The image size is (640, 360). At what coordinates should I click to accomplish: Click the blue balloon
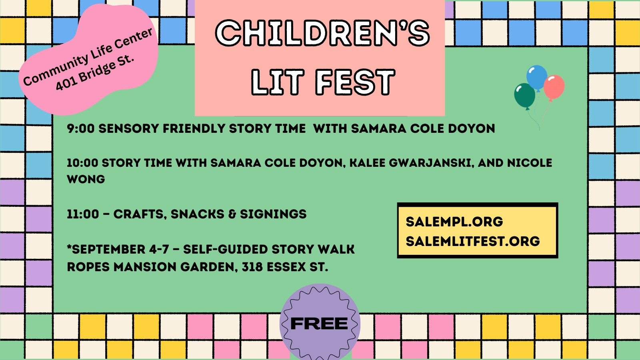(x=537, y=78)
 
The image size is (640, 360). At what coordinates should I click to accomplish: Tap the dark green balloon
(x=524, y=96)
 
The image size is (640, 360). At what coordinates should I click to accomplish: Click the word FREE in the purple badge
(x=319, y=324)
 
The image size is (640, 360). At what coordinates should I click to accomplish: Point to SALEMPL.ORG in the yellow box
(x=454, y=222)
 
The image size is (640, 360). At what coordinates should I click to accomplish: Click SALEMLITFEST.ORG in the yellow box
(x=473, y=241)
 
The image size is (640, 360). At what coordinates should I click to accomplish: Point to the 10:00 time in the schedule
(x=82, y=163)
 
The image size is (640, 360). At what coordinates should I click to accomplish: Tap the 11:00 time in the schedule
(x=83, y=214)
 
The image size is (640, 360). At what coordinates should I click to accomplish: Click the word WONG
(x=86, y=180)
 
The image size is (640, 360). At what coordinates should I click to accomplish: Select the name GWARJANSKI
(x=430, y=163)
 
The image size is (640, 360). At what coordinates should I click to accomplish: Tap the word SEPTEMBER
(x=106, y=249)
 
